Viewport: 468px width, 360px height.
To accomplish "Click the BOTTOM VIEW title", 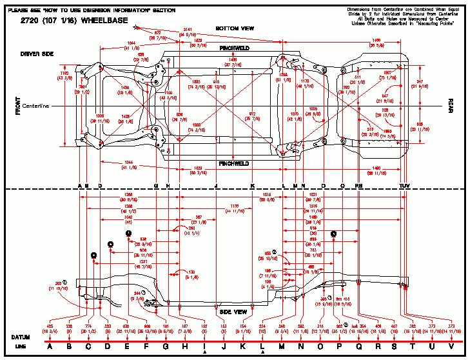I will (x=235, y=29).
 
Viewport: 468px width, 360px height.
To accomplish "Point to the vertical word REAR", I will (x=451, y=106).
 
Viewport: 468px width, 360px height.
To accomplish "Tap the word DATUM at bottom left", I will (x=21, y=337).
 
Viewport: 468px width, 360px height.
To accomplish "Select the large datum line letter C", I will (x=88, y=347).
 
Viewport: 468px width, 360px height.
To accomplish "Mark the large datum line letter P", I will (x=340, y=347).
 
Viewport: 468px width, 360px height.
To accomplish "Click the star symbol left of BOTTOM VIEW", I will (x=136, y=27).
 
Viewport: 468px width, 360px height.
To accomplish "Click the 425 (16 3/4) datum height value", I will (x=50, y=327).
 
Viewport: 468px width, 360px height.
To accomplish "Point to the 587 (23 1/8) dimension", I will (x=201, y=218).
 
